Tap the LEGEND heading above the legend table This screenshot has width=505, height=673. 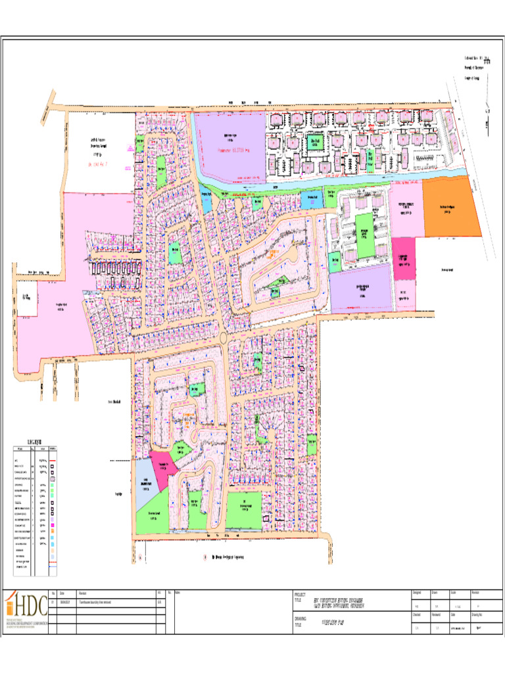(x=34, y=440)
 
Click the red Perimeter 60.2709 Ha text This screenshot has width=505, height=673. (x=234, y=151)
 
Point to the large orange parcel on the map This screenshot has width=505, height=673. (x=448, y=209)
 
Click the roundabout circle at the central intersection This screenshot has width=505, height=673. (x=224, y=338)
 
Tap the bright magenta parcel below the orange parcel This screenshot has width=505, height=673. (x=404, y=251)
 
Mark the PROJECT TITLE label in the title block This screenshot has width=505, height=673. (x=301, y=597)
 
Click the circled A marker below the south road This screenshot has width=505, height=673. (x=140, y=557)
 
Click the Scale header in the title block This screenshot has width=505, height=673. (x=454, y=593)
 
